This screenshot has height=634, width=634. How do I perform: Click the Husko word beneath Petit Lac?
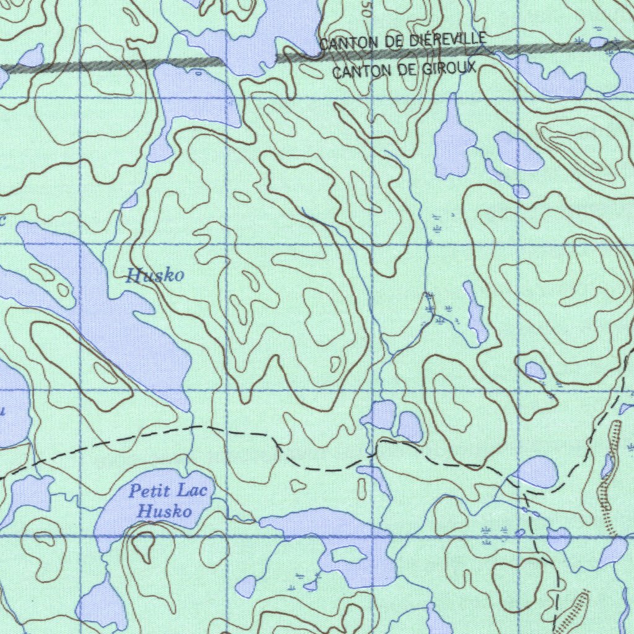point(164,512)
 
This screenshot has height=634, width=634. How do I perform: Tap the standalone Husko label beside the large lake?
point(155,276)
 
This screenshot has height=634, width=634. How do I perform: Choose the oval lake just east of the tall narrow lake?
point(518,152)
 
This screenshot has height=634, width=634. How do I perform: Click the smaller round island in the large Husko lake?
point(62,289)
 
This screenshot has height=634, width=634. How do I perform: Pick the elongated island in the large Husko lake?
point(42,272)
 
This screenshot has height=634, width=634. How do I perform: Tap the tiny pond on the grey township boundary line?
point(598,42)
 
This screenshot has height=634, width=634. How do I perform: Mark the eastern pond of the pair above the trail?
point(410,427)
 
